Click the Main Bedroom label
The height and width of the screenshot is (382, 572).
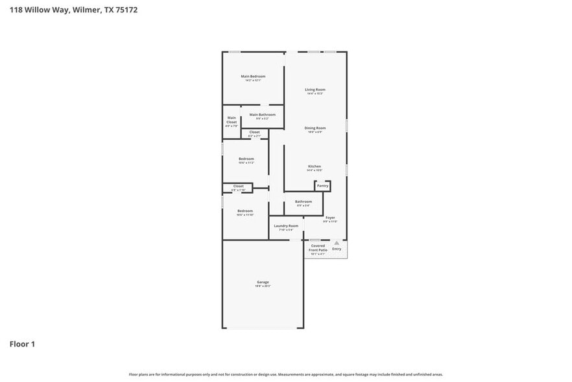click(x=253, y=77)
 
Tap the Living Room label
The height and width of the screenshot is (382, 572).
click(x=315, y=90)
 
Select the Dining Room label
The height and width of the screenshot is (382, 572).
click(x=315, y=128)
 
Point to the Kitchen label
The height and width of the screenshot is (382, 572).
click(x=315, y=166)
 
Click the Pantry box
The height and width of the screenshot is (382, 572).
click(x=322, y=186)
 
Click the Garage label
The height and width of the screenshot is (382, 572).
click(x=262, y=282)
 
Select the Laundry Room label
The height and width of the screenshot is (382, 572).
click(x=286, y=225)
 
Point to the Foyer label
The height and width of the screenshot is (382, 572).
click(x=330, y=218)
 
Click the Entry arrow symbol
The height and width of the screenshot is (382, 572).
click(x=337, y=243)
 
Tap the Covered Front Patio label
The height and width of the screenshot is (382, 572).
click(x=317, y=248)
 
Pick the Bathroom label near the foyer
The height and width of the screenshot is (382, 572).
click(x=303, y=201)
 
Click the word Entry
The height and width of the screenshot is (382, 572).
click(x=337, y=249)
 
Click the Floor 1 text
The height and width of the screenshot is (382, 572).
click(x=22, y=344)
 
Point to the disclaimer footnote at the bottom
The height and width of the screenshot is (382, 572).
click(x=285, y=374)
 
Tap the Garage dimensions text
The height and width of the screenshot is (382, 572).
click(x=262, y=286)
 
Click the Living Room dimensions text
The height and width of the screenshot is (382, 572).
click(x=315, y=94)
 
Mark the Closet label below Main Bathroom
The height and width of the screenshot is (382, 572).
click(x=254, y=132)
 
